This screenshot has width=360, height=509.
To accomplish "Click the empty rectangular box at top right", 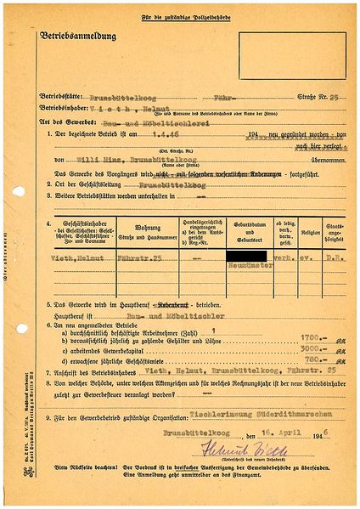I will pyautogui.click(x=292, y=55).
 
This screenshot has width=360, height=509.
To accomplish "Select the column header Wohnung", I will pyautogui.click(x=130, y=227).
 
